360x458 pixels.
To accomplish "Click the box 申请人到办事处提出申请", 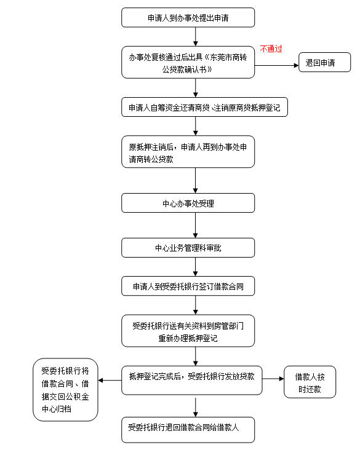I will pos(188,18).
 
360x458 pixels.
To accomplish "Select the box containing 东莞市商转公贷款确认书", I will pos(188,63).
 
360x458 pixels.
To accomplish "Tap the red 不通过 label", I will pos(271,49).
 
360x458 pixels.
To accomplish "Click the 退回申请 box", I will pos(324,63).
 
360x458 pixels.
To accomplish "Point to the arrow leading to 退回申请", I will pos(276,63).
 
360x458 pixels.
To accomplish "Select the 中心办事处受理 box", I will pos(188,203).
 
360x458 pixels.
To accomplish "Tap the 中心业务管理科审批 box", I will pos(188,248).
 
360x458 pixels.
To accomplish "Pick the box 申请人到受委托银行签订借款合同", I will pos(188,286).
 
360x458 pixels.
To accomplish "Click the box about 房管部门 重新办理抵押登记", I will pos(188,331).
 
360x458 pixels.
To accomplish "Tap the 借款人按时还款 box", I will pos(310,381).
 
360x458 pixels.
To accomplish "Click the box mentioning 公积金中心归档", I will pos(65,390).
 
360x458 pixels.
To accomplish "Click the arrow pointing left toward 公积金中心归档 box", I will pos(110,380).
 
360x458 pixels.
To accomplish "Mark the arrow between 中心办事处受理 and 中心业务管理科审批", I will pos(195,225).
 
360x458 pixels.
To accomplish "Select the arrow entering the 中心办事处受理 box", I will pos(195,180).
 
